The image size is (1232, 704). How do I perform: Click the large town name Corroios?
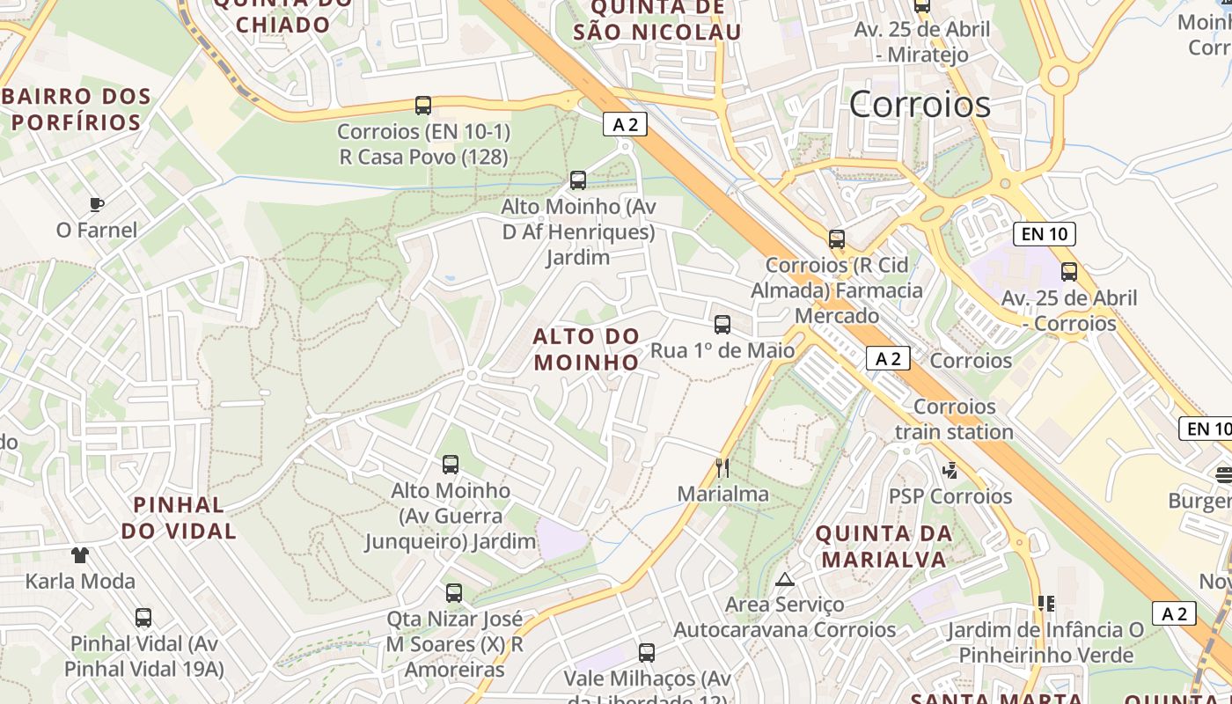920,104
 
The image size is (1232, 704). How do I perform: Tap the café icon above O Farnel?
97,204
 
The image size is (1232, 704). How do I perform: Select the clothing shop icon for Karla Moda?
80,554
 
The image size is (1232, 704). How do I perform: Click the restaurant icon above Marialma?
722,467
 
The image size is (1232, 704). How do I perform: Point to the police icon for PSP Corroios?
950,470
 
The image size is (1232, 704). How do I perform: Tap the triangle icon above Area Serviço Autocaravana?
784,579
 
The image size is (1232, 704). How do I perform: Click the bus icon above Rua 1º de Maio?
722,324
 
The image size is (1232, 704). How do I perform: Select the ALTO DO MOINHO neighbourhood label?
586,348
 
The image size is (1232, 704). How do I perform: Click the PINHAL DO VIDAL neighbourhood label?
179,517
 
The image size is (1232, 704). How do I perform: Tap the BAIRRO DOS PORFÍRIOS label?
77,109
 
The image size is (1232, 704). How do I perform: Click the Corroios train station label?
954,419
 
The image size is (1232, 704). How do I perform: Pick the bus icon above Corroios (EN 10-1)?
423,106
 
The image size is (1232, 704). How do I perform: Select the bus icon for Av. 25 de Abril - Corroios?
1069,271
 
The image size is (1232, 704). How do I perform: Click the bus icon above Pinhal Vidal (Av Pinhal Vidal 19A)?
143,618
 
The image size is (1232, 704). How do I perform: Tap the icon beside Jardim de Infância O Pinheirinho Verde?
1045,604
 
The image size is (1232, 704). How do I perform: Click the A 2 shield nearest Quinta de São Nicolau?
625,125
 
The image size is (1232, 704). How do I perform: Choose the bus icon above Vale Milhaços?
647,653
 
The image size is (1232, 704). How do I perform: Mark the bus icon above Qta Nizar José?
454,593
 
